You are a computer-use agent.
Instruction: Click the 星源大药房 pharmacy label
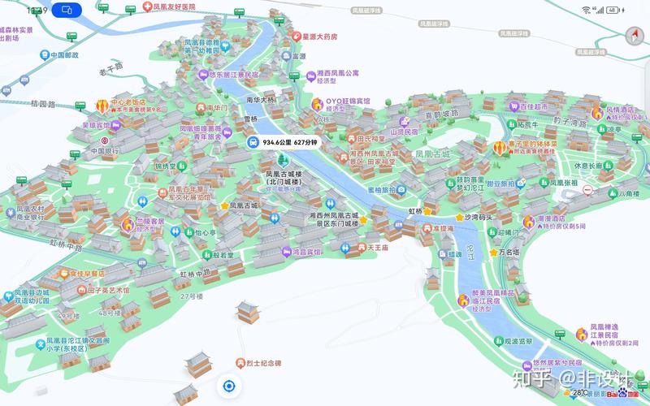[x=319, y=37]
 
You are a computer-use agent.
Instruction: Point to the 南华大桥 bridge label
[x=261, y=100]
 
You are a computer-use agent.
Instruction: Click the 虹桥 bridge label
[x=416, y=210]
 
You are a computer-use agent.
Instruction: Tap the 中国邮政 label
[x=64, y=55]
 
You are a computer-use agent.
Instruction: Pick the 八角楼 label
[x=630, y=193]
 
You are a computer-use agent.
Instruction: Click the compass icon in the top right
[x=632, y=37]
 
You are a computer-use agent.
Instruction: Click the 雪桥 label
[x=251, y=119]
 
